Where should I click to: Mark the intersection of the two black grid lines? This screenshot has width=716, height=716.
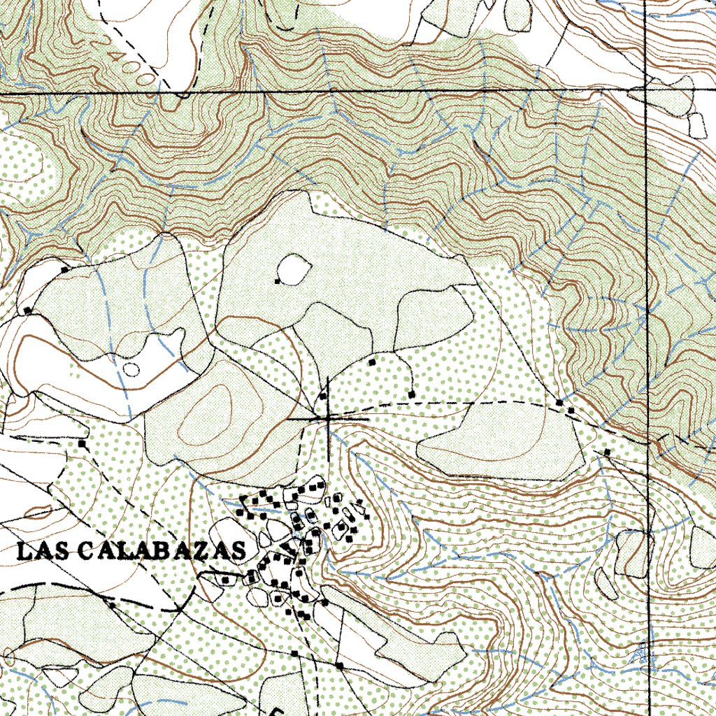[647, 93]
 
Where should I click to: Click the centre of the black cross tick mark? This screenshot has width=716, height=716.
[328, 417]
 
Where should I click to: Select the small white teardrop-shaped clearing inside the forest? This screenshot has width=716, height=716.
[294, 268]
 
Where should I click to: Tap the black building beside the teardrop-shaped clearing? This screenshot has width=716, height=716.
[278, 281]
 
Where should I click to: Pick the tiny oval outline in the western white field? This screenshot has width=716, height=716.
[131, 368]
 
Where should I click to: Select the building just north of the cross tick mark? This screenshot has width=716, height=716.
[323, 396]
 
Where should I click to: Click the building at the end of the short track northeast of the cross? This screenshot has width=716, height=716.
[412, 395]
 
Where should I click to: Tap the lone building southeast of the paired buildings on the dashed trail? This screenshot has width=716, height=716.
[606, 453]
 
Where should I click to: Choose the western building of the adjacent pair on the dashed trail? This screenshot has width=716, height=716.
[559, 403]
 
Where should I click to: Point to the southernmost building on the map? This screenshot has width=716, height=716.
[339, 666]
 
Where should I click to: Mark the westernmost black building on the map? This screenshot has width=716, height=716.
[28, 310]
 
